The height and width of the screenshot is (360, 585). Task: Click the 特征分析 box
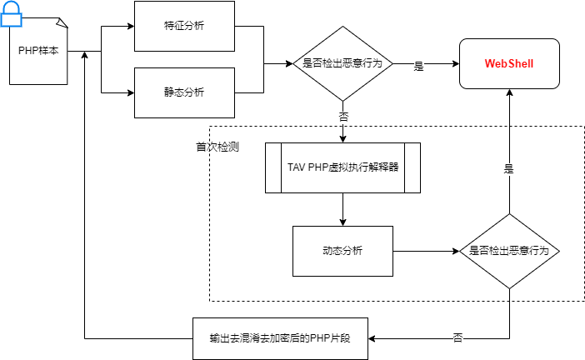coord(184,25)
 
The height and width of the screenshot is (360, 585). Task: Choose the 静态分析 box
coord(184,92)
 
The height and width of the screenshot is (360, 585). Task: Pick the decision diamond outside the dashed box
coord(342,63)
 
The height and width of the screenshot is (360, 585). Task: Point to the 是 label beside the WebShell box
coord(419,67)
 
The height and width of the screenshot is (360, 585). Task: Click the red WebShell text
coord(508,63)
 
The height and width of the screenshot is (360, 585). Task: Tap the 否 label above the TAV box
coord(343,117)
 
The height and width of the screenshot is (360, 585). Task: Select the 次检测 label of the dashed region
coord(224,147)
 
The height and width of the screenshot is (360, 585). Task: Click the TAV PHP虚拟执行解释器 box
coord(342,167)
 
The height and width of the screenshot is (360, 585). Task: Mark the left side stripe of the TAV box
coord(273,167)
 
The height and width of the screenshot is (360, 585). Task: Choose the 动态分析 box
coord(342,251)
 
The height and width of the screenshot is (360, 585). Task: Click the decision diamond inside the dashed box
coord(509,251)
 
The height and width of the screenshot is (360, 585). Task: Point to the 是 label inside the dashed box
coord(508,168)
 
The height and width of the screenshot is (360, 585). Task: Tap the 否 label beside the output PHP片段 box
coord(457,338)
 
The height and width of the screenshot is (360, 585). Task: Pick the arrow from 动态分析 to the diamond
coord(425,251)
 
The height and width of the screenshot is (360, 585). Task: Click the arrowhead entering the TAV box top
coord(342,138)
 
